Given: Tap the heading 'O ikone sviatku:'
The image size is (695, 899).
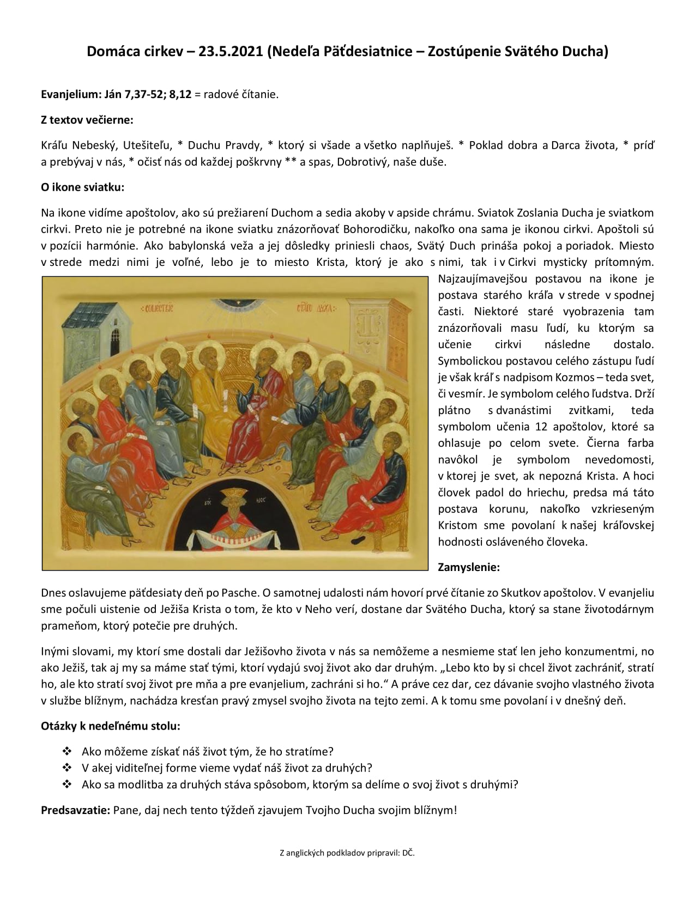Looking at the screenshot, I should click(83, 187).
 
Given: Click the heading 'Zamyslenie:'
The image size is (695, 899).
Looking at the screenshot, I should click(469, 567).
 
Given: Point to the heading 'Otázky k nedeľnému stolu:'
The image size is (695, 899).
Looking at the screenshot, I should click(111, 726).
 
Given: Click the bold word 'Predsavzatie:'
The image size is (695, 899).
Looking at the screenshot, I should click(76, 810).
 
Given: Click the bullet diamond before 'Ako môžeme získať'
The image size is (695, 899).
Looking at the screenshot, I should click(68, 751).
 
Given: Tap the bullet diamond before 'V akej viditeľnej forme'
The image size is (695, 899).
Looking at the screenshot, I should click(68, 768).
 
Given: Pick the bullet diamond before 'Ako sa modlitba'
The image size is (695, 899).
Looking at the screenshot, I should click(68, 785).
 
